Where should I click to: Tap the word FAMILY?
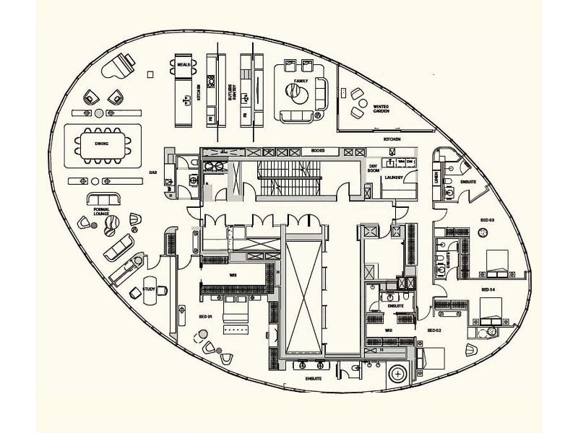301,81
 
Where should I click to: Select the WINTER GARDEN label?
381,108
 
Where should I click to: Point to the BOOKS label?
317,151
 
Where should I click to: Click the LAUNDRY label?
394,176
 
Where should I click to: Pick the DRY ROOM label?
374,169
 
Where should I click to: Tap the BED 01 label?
204,316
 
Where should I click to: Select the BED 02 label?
434,330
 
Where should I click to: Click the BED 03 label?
487,219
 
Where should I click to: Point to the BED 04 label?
487,289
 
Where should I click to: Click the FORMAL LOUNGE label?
101,211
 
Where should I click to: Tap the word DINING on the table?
102,144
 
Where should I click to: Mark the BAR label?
153,172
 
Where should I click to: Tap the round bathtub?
397,374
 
